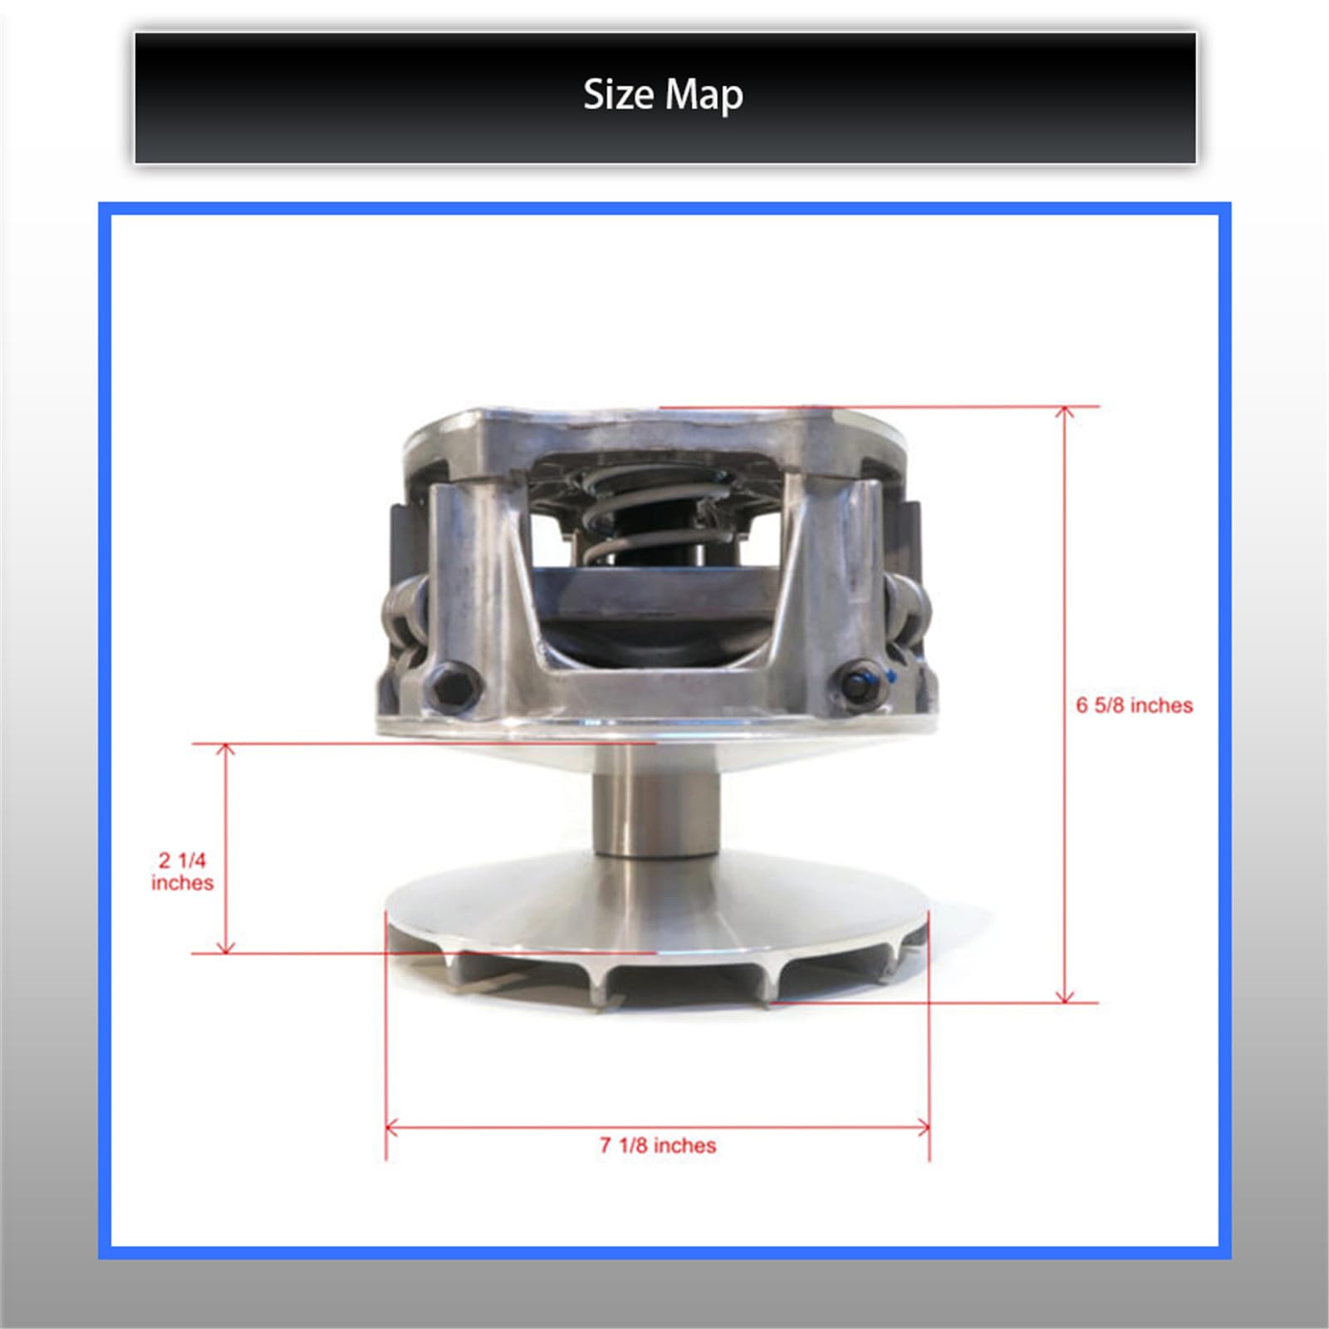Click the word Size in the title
tap(618, 95)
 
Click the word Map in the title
tap(704, 96)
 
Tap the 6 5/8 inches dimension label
tap(1134, 705)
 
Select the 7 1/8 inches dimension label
tap(658, 1145)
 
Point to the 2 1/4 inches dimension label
tap(182, 871)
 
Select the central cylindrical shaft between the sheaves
tap(656, 802)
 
